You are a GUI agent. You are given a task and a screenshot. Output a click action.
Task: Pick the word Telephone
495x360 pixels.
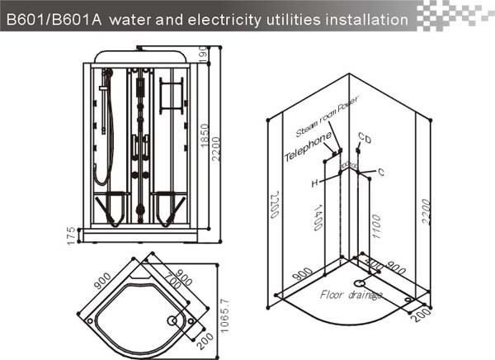pos(308,146)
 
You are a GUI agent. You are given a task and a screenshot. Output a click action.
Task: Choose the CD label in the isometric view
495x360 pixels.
pos(365,138)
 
